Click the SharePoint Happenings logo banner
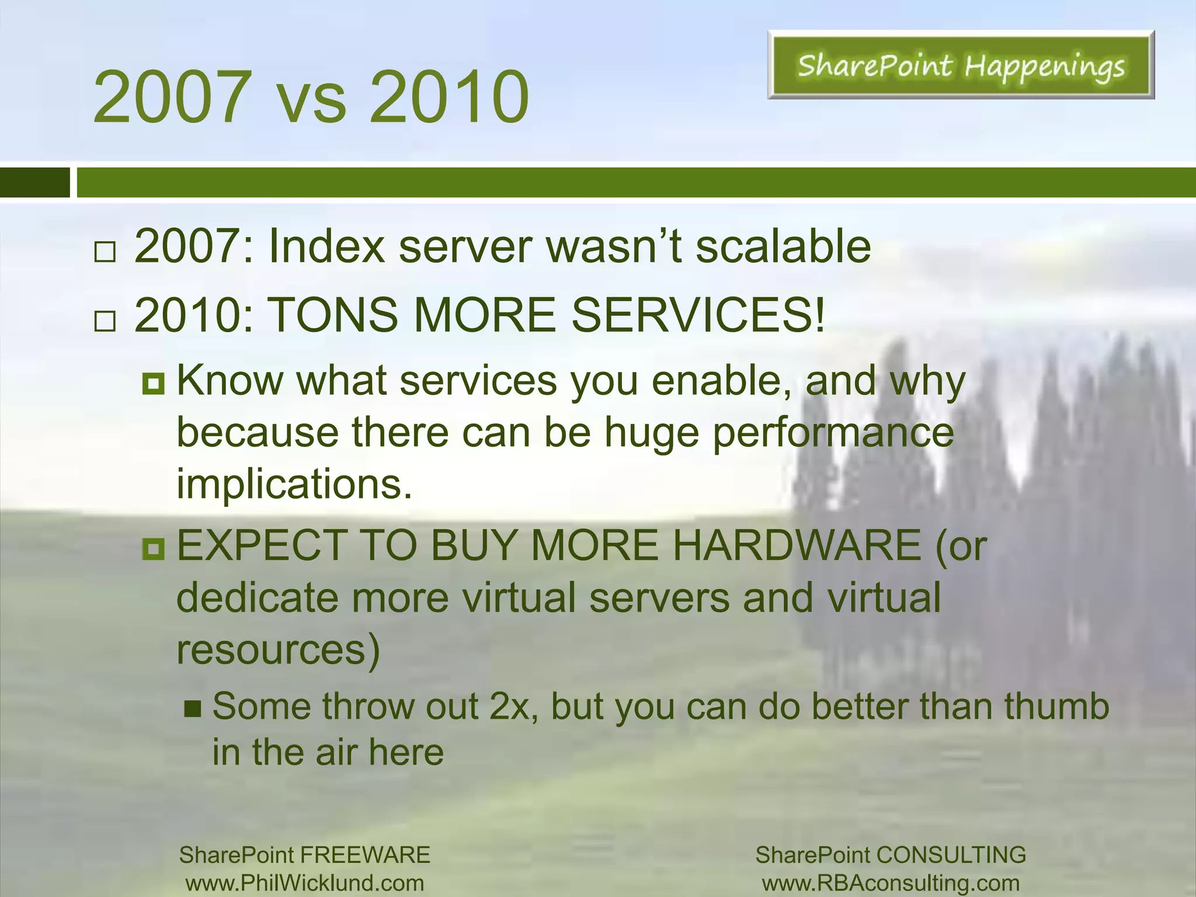pyautogui.click(x=961, y=65)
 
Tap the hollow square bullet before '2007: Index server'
pyautogui.click(x=105, y=252)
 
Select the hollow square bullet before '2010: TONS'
pyautogui.click(x=105, y=321)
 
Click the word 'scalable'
pyautogui.click(x=783, y=246)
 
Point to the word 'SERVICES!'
pyautogui.click(x=698, y=315)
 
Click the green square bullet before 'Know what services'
pyautogui.click(x=154, y=384)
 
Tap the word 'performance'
pyautogui.click(x=833, y=433)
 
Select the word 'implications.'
pyautogui.click(x=294, y=484)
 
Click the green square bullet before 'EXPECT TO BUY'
pyautogui.click(x=154, y=548)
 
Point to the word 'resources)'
pyautogui.click(x=278, y=649)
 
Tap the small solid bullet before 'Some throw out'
pyautogui.click(x=193, y=710)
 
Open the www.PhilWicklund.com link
pyautogui.click(x=305, y=882)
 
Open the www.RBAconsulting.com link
pyautogui.click(x=891, y=882)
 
